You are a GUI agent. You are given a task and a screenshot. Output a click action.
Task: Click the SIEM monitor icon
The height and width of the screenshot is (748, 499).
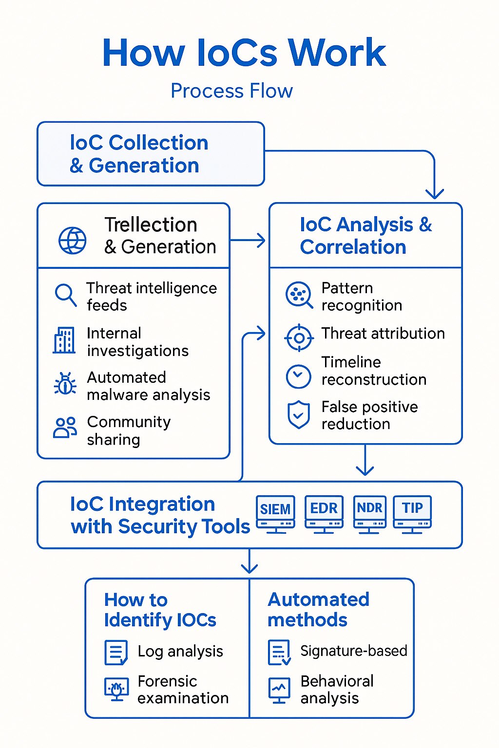275,514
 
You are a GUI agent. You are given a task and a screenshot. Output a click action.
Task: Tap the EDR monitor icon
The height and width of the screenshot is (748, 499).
324,514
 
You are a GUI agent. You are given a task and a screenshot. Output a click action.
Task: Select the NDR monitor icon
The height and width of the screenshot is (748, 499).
369,514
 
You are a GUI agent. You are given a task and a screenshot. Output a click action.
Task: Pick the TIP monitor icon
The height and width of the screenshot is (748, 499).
412,514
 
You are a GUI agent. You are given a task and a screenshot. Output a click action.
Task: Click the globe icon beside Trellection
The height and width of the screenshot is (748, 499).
73,240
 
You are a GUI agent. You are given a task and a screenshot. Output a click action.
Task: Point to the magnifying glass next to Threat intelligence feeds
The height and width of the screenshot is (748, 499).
65,295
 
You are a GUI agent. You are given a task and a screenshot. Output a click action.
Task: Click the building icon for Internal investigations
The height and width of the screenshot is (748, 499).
64,340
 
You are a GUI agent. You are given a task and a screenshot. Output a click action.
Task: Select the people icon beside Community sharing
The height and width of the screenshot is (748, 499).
65,428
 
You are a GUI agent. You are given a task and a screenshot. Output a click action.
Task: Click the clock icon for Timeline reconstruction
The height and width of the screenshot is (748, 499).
298,376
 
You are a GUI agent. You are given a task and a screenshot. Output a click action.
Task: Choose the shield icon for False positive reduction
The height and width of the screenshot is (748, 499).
298,415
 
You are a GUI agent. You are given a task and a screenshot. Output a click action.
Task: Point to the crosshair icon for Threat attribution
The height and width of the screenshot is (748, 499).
299,337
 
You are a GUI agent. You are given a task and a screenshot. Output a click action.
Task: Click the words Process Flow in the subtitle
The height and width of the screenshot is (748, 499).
231,91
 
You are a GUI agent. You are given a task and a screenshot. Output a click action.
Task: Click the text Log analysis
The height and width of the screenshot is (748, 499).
180,651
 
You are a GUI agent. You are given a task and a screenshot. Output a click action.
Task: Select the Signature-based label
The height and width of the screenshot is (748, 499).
353,651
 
